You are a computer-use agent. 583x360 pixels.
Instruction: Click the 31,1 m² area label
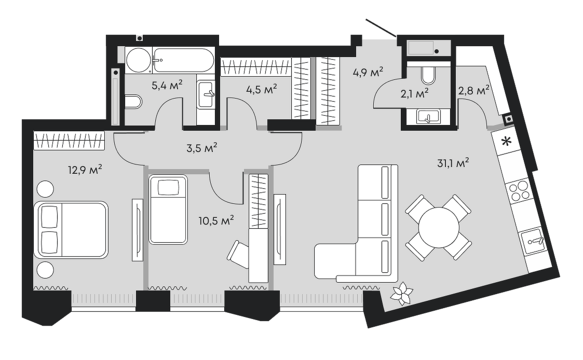click(453, 163)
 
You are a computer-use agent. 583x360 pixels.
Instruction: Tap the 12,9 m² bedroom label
click(85, 170)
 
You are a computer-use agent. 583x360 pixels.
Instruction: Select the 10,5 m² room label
click(216, 221)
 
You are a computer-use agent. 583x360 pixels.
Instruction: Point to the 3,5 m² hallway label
click(201, 148)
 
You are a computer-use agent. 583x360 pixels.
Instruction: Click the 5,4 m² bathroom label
click(167, 86)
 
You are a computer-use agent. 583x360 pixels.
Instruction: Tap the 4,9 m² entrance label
click(368, 72)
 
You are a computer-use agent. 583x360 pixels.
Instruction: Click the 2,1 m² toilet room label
click(414, 93)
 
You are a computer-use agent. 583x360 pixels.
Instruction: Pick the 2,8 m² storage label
click(473, 90)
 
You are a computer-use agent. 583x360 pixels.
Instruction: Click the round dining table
click(439, 227)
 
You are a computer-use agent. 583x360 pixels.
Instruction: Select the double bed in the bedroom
click(71, 230)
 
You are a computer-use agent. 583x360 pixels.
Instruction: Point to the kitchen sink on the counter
click(534, 242)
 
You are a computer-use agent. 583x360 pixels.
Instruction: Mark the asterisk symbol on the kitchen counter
click(505, 141)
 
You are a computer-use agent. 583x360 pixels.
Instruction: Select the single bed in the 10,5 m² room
click(168, 210)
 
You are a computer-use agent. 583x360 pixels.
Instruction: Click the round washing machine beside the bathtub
click(138, 60)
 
